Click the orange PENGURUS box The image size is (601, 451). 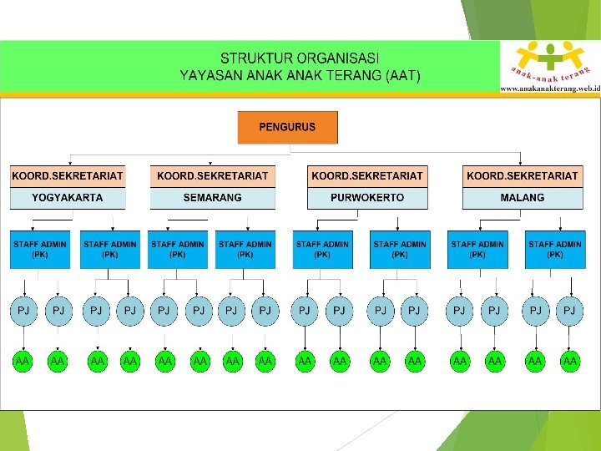pyautogui.click(x=287, y=128)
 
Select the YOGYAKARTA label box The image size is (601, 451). pyautogui.click(x=68, y=198)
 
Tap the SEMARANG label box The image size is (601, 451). pyautogui.click(x=213, y=198)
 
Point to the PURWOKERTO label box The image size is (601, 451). pyautogui.click(x=367, y=198)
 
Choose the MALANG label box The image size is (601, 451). pyautogui.click(x=523, y=198)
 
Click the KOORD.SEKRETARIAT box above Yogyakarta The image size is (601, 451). pyautogui.click(x=68, y=176)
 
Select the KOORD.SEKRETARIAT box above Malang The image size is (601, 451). pyautogui.click(x=523, y=176)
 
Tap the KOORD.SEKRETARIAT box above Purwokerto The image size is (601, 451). pyautogui.click(x=367, y=176)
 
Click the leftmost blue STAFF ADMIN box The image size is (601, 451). pyautogui.click(x=39, y=249)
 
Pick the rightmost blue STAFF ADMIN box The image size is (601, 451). pyautogui.click(x=554, y=249)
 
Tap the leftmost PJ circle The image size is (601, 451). pyautogui.click(x=23, y=311)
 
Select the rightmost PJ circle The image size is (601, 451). pyautogui.click(x=569, y=311)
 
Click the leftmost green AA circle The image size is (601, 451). pyautogui.click(x=23, y=361)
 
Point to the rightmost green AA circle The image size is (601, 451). pyautogui.click(x=570, y=361)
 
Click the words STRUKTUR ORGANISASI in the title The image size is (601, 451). pyautogui.click(x=300, y=58)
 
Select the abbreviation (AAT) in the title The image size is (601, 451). pyautogui.click(x=404, y=75)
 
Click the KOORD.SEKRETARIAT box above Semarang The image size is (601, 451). pyautogui.click(x=213, y=176)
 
